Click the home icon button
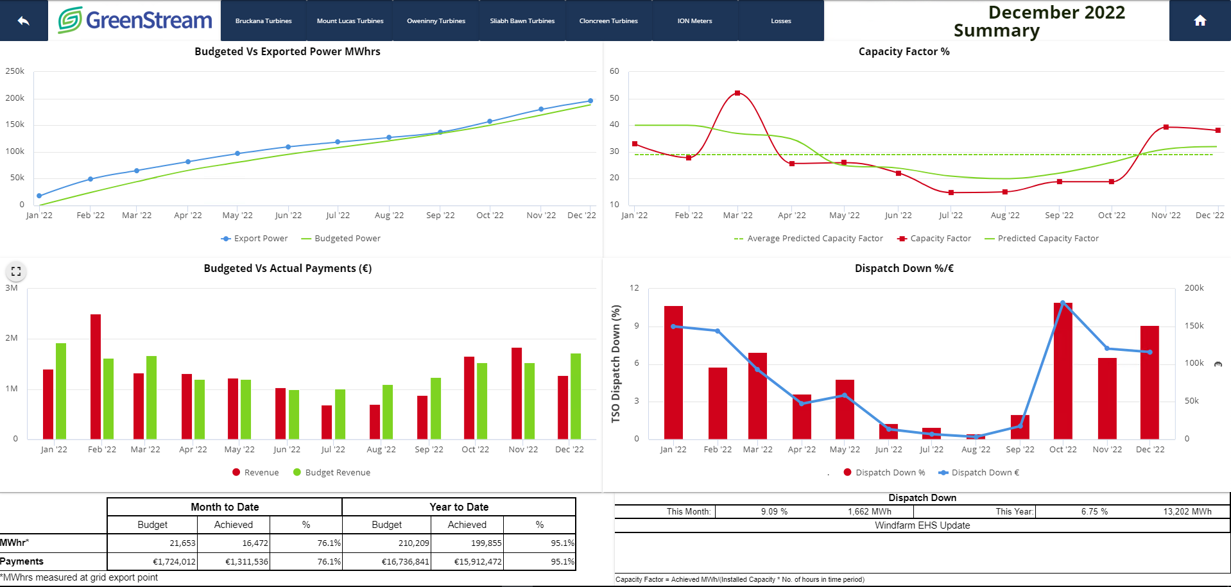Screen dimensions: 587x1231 point(1200,21)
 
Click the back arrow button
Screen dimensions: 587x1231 point(24,21)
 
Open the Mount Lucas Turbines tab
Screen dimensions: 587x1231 point(350,21)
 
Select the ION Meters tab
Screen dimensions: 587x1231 point(694,21)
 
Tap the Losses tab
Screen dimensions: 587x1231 point(780,21)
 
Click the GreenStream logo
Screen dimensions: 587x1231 point(135,21)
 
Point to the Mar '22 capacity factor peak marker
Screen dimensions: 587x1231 point(737,93)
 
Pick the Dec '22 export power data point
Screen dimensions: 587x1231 point(590,101)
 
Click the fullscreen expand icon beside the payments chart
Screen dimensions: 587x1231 point(16,271)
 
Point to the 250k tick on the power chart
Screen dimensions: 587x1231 point(15,71)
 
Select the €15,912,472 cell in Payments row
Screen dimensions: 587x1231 point(478,561)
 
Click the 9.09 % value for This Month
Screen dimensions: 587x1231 point(774,511)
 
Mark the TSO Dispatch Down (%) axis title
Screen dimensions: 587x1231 point(616,363)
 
